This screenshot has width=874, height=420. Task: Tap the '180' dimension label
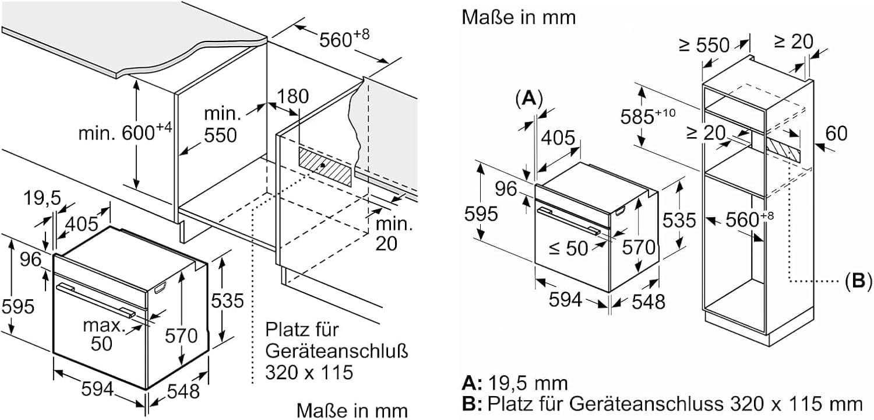(293, 97)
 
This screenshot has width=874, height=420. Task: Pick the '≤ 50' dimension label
(568, 248)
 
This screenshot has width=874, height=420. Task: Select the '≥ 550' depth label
(704, 45)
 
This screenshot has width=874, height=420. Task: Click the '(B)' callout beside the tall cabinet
(857, 281)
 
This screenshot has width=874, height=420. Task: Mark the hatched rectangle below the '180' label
(326, 166)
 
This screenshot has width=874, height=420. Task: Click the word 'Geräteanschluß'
(336, 352)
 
